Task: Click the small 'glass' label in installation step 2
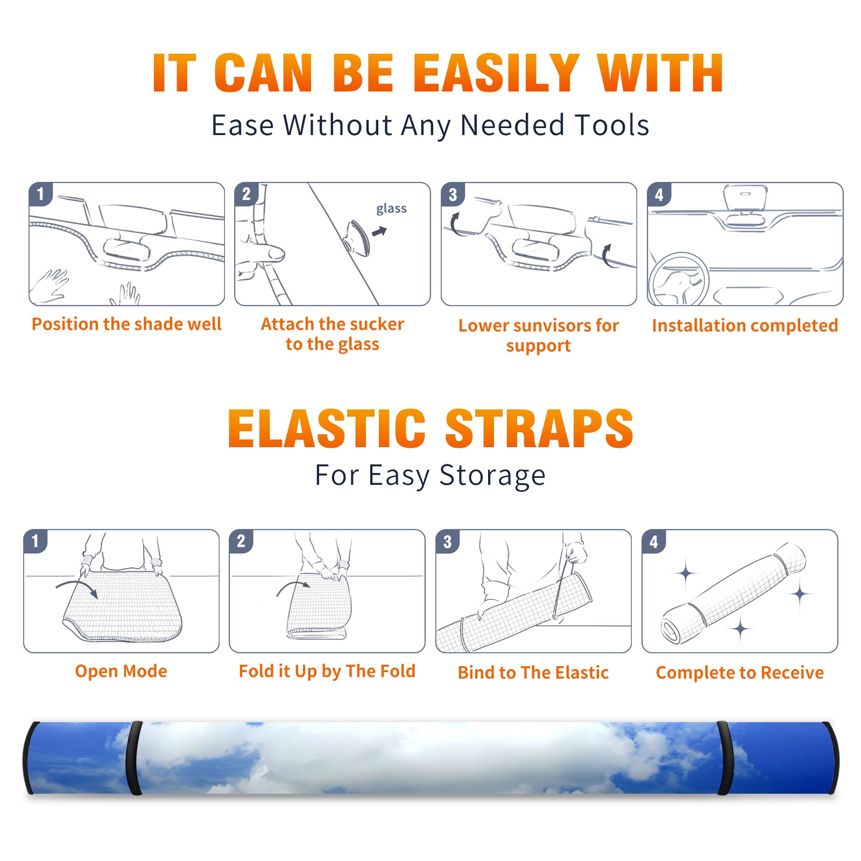(x=391, y=209)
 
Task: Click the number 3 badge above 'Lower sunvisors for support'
(x=453, y=194)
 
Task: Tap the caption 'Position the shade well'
(x=126, y=324)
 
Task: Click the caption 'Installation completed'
(x=745, y=326)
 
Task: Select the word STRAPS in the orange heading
(x=539, y=428)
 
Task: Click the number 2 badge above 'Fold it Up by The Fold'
(x=241, y=541)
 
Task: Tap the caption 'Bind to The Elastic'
(x=533, y=673)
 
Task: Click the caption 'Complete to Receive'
(x=739, y=673)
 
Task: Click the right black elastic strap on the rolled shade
(x=724, y=758)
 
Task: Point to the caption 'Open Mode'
(x=121, y=671)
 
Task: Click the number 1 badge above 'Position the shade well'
(x=40, y=193)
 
